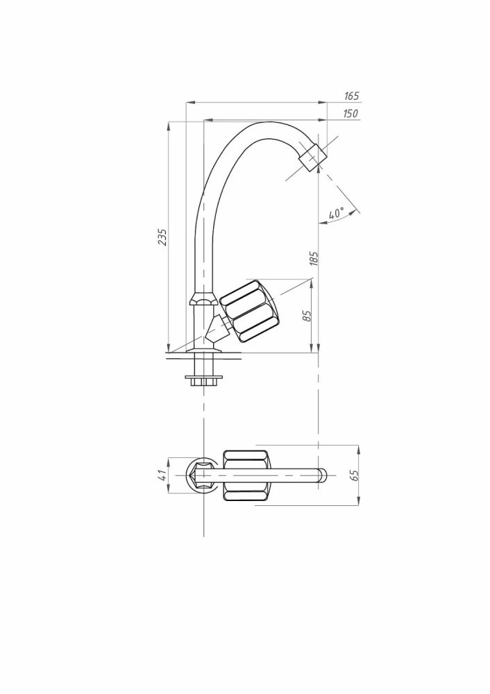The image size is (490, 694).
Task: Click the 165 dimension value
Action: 351,96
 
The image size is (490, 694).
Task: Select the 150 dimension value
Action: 351,114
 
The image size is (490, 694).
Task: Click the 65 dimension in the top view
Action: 354,475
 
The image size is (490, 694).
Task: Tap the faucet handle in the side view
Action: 251,311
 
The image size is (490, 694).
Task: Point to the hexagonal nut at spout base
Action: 202,301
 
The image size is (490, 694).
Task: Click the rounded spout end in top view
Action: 320,475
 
